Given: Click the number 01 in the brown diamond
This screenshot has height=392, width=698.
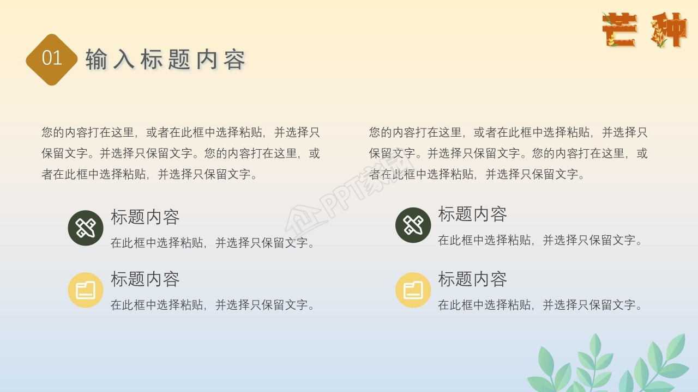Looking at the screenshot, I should pyautogui.click(x=52, y=58).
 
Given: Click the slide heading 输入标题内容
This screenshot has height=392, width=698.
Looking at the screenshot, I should pyautogui.click(x=166, y=59).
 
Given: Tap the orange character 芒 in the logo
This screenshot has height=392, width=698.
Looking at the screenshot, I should pyautogui.click(x=619, y=30).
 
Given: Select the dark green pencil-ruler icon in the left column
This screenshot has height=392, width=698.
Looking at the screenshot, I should pyautogui.click(x=86, y=228).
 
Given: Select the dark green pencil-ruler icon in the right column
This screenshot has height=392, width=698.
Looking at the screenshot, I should pyautogui.click(x=413, y=225).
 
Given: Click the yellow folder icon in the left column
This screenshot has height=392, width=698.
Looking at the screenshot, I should pyautogui.click(x=86, y=290).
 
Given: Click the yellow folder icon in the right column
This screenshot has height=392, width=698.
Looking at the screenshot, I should pyautogui.click(x=413, y=290).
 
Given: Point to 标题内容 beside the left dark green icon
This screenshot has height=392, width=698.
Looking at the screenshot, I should pyautogui.click(x=145, y=217).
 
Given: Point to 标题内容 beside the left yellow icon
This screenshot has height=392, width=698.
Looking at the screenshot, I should pyautogui.click(x=145, y=279).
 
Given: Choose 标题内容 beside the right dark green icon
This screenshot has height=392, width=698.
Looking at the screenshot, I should pyautogui.click(x=472, y=215).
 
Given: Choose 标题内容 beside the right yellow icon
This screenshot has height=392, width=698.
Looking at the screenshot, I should pyautogui.click(x=472, y=279).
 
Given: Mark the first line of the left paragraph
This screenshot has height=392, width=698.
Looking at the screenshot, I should pyautogui.click(x=180, y=132).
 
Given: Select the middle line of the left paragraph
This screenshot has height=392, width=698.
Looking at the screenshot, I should pyautogui.click(x=180, y=154).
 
